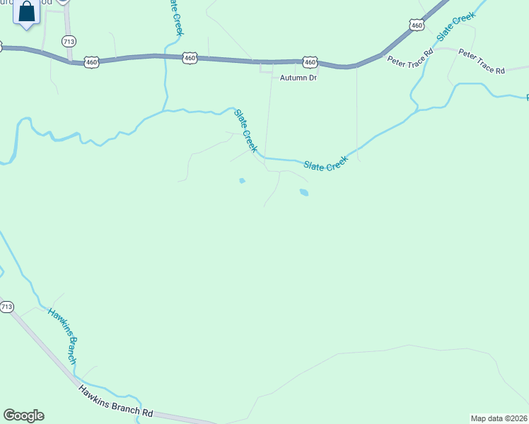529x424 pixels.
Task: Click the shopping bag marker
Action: point(27,13)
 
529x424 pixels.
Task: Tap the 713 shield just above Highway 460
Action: point(69,42)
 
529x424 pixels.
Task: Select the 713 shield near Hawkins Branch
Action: point(6,307)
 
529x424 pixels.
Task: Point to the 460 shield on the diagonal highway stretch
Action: point(417,25)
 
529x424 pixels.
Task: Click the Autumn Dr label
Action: point(298,78)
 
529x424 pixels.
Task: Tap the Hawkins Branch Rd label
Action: point(115,401)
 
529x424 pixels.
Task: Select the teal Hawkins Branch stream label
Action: point(63,336)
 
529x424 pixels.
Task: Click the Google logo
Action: point(23,416)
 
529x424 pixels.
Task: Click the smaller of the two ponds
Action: point(242,181)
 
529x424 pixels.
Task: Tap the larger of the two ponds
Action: point(303,192)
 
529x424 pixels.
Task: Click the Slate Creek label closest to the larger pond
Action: point(327,164)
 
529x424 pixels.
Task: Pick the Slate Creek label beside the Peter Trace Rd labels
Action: point(455,27)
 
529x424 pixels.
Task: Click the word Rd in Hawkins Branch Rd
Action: point(146,412)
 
